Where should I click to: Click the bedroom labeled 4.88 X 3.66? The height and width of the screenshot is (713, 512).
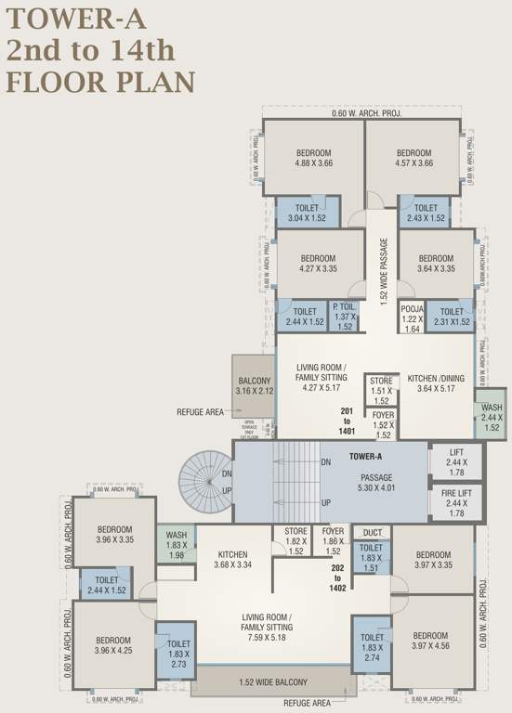(x=313, y=157)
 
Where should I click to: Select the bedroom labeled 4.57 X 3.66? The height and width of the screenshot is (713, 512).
(x=414, y=157)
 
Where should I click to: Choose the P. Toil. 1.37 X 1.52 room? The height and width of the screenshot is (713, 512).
(x=344, y=316)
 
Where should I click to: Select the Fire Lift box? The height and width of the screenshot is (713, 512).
(x=456, y=502)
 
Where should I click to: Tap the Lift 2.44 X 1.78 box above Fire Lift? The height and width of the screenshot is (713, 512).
(x=456, y=461)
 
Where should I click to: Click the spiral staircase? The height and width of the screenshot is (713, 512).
(x=205, y=482)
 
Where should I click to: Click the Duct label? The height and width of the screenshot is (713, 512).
(x=373, y=533)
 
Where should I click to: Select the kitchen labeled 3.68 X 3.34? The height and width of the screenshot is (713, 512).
(x=233, y=558)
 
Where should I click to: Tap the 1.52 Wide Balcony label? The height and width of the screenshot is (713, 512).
(x=273, y=683)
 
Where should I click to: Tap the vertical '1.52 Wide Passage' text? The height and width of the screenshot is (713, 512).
(x=383, y=269)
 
